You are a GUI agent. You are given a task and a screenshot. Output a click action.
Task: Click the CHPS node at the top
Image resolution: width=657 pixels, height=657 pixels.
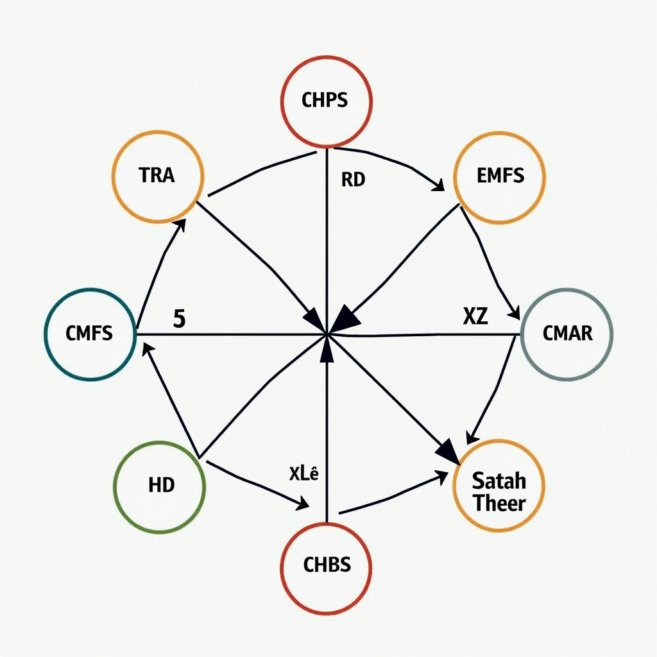(x=326, y=101)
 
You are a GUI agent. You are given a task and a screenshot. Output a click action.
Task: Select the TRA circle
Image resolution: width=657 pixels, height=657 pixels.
(x=158, y=176)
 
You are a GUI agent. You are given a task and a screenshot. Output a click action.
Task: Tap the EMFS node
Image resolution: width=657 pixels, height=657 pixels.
(x=499, y=177)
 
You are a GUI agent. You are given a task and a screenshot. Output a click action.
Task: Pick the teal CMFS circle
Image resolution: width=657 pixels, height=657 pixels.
(x=90, y=334)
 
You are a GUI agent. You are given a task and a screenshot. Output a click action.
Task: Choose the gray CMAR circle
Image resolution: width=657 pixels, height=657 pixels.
(x=567, y=334)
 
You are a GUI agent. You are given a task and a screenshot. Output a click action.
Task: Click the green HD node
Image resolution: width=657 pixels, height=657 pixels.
(x=159, y=486)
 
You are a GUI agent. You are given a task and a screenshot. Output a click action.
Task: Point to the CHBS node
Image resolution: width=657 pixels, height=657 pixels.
(x=326, y=568)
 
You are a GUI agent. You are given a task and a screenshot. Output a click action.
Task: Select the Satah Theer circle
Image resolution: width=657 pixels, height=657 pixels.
(x=499, y=485)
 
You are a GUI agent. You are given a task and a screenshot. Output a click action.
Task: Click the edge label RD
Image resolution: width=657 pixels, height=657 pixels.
(x=353, y=180)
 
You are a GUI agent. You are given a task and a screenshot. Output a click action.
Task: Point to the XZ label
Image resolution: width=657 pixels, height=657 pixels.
(x=475, y=316)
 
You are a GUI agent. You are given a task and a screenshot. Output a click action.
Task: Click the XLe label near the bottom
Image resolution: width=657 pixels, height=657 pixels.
(x=303, y=474)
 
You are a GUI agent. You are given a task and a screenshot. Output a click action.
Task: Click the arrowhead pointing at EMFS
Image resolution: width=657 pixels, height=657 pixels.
(x=439, y=185)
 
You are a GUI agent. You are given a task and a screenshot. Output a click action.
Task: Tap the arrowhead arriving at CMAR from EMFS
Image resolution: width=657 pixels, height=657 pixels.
(x=515, y=312)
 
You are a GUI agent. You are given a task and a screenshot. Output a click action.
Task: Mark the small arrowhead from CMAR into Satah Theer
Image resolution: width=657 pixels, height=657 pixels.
(x=472, y=437)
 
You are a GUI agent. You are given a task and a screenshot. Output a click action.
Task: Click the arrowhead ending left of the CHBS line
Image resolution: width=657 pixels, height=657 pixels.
(x=303, y=503)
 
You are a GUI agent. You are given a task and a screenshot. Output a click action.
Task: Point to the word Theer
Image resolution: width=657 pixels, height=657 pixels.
(x=499, y=503)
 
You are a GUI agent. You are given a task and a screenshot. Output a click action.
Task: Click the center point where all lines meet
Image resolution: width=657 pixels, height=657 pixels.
(x=327, y=334)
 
